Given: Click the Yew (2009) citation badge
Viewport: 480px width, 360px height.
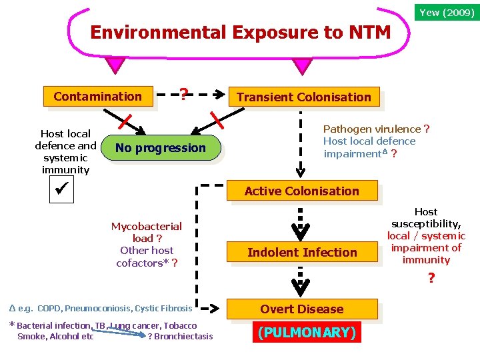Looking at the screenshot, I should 447,11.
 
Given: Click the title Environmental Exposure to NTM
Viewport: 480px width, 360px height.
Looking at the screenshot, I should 240,32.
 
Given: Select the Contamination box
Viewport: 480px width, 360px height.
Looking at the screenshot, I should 98,97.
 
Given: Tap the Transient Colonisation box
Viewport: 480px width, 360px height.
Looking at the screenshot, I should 304,97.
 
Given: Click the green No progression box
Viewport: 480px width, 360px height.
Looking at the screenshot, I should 161,148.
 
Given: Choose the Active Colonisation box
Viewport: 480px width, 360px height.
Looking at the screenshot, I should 301,191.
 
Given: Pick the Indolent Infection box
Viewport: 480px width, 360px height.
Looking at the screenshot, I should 302,253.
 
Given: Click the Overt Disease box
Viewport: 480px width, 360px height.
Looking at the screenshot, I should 302,309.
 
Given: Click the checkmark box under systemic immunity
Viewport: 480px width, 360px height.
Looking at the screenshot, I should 64,191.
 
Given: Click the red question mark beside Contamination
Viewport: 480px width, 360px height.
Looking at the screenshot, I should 183,95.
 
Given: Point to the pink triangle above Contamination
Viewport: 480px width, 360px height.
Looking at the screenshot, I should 115,65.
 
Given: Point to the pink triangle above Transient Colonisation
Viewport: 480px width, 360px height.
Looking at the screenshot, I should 303,65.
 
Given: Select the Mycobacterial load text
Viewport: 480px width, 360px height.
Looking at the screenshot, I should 146,232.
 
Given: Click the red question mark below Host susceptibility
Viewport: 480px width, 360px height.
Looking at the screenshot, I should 431,278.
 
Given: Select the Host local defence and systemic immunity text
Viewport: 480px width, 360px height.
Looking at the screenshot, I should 65,151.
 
